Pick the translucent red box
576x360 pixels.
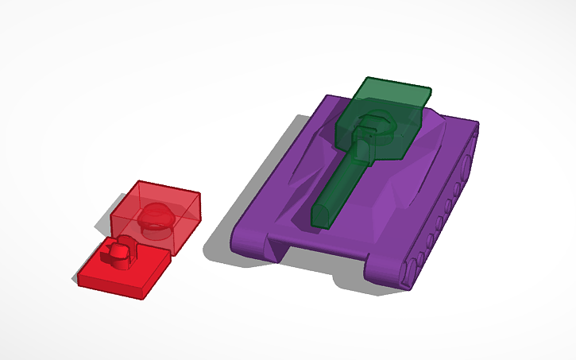point(155,211)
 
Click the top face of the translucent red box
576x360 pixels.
point(159,195)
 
